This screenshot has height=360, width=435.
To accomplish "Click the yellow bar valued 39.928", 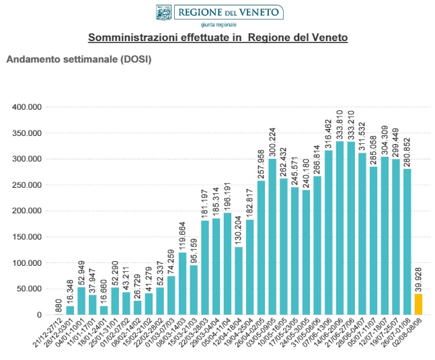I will click(x=418, y=304).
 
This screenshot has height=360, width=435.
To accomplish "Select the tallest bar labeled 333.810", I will click(x=340, y=229).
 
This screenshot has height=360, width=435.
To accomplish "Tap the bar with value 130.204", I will click(x=239, y=281).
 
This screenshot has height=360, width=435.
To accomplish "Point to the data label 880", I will click(x=59, y=305).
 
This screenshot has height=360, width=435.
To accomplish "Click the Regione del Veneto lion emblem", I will click(x=163, y=12).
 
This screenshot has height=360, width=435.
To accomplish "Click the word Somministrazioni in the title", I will click(x=127, y=38).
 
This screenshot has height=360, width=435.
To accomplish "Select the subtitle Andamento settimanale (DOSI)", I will click(x=79, y=59).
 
